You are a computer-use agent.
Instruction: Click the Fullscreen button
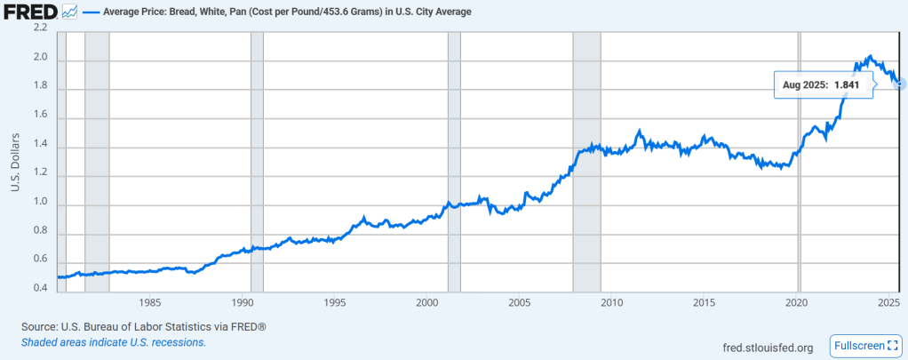[x=864, y=345]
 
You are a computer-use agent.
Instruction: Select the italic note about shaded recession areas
[x=114, y=342]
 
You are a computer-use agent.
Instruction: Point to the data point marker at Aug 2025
[x=900, y=84]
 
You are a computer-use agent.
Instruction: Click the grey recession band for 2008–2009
[x=586, y=160]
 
